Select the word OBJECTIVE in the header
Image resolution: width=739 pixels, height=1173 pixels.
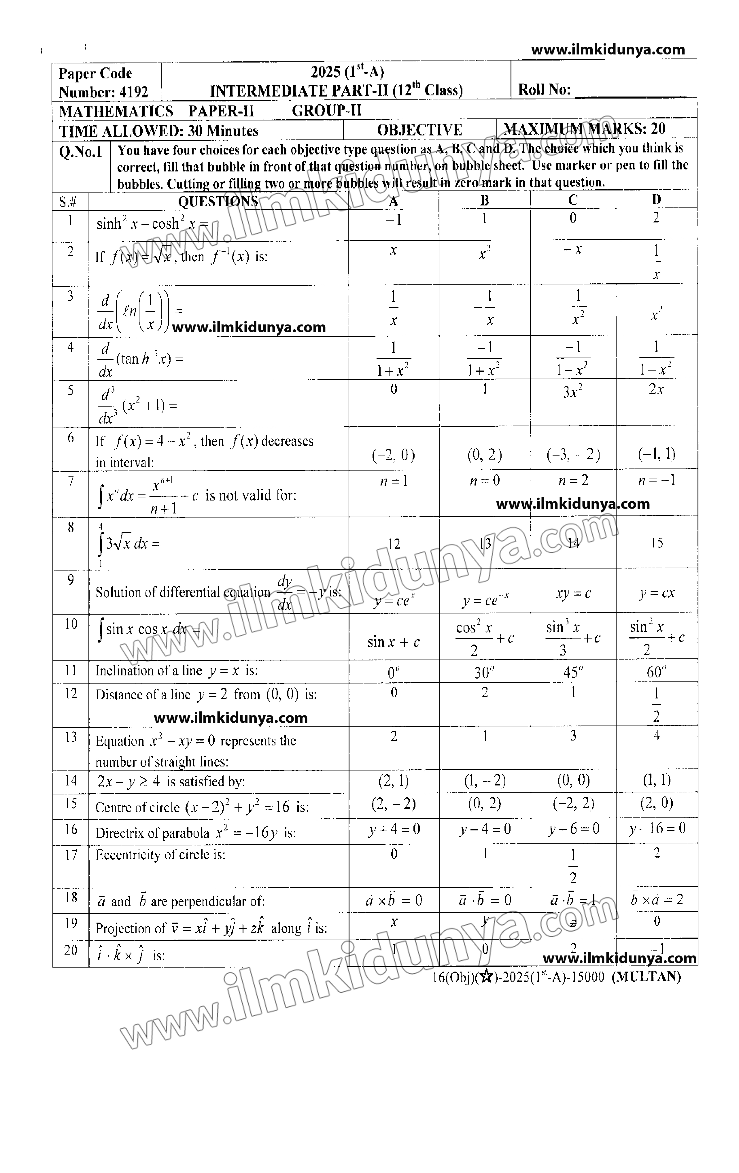419,130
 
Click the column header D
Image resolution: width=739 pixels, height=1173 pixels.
656,200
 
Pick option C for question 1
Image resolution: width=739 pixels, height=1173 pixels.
572,219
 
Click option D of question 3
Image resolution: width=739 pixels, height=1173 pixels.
656,314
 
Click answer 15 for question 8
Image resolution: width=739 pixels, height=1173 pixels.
657,543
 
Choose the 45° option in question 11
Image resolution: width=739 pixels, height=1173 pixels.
572,672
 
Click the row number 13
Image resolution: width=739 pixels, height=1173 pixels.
71,737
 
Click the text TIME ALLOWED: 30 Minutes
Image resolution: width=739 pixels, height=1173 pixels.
158,131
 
